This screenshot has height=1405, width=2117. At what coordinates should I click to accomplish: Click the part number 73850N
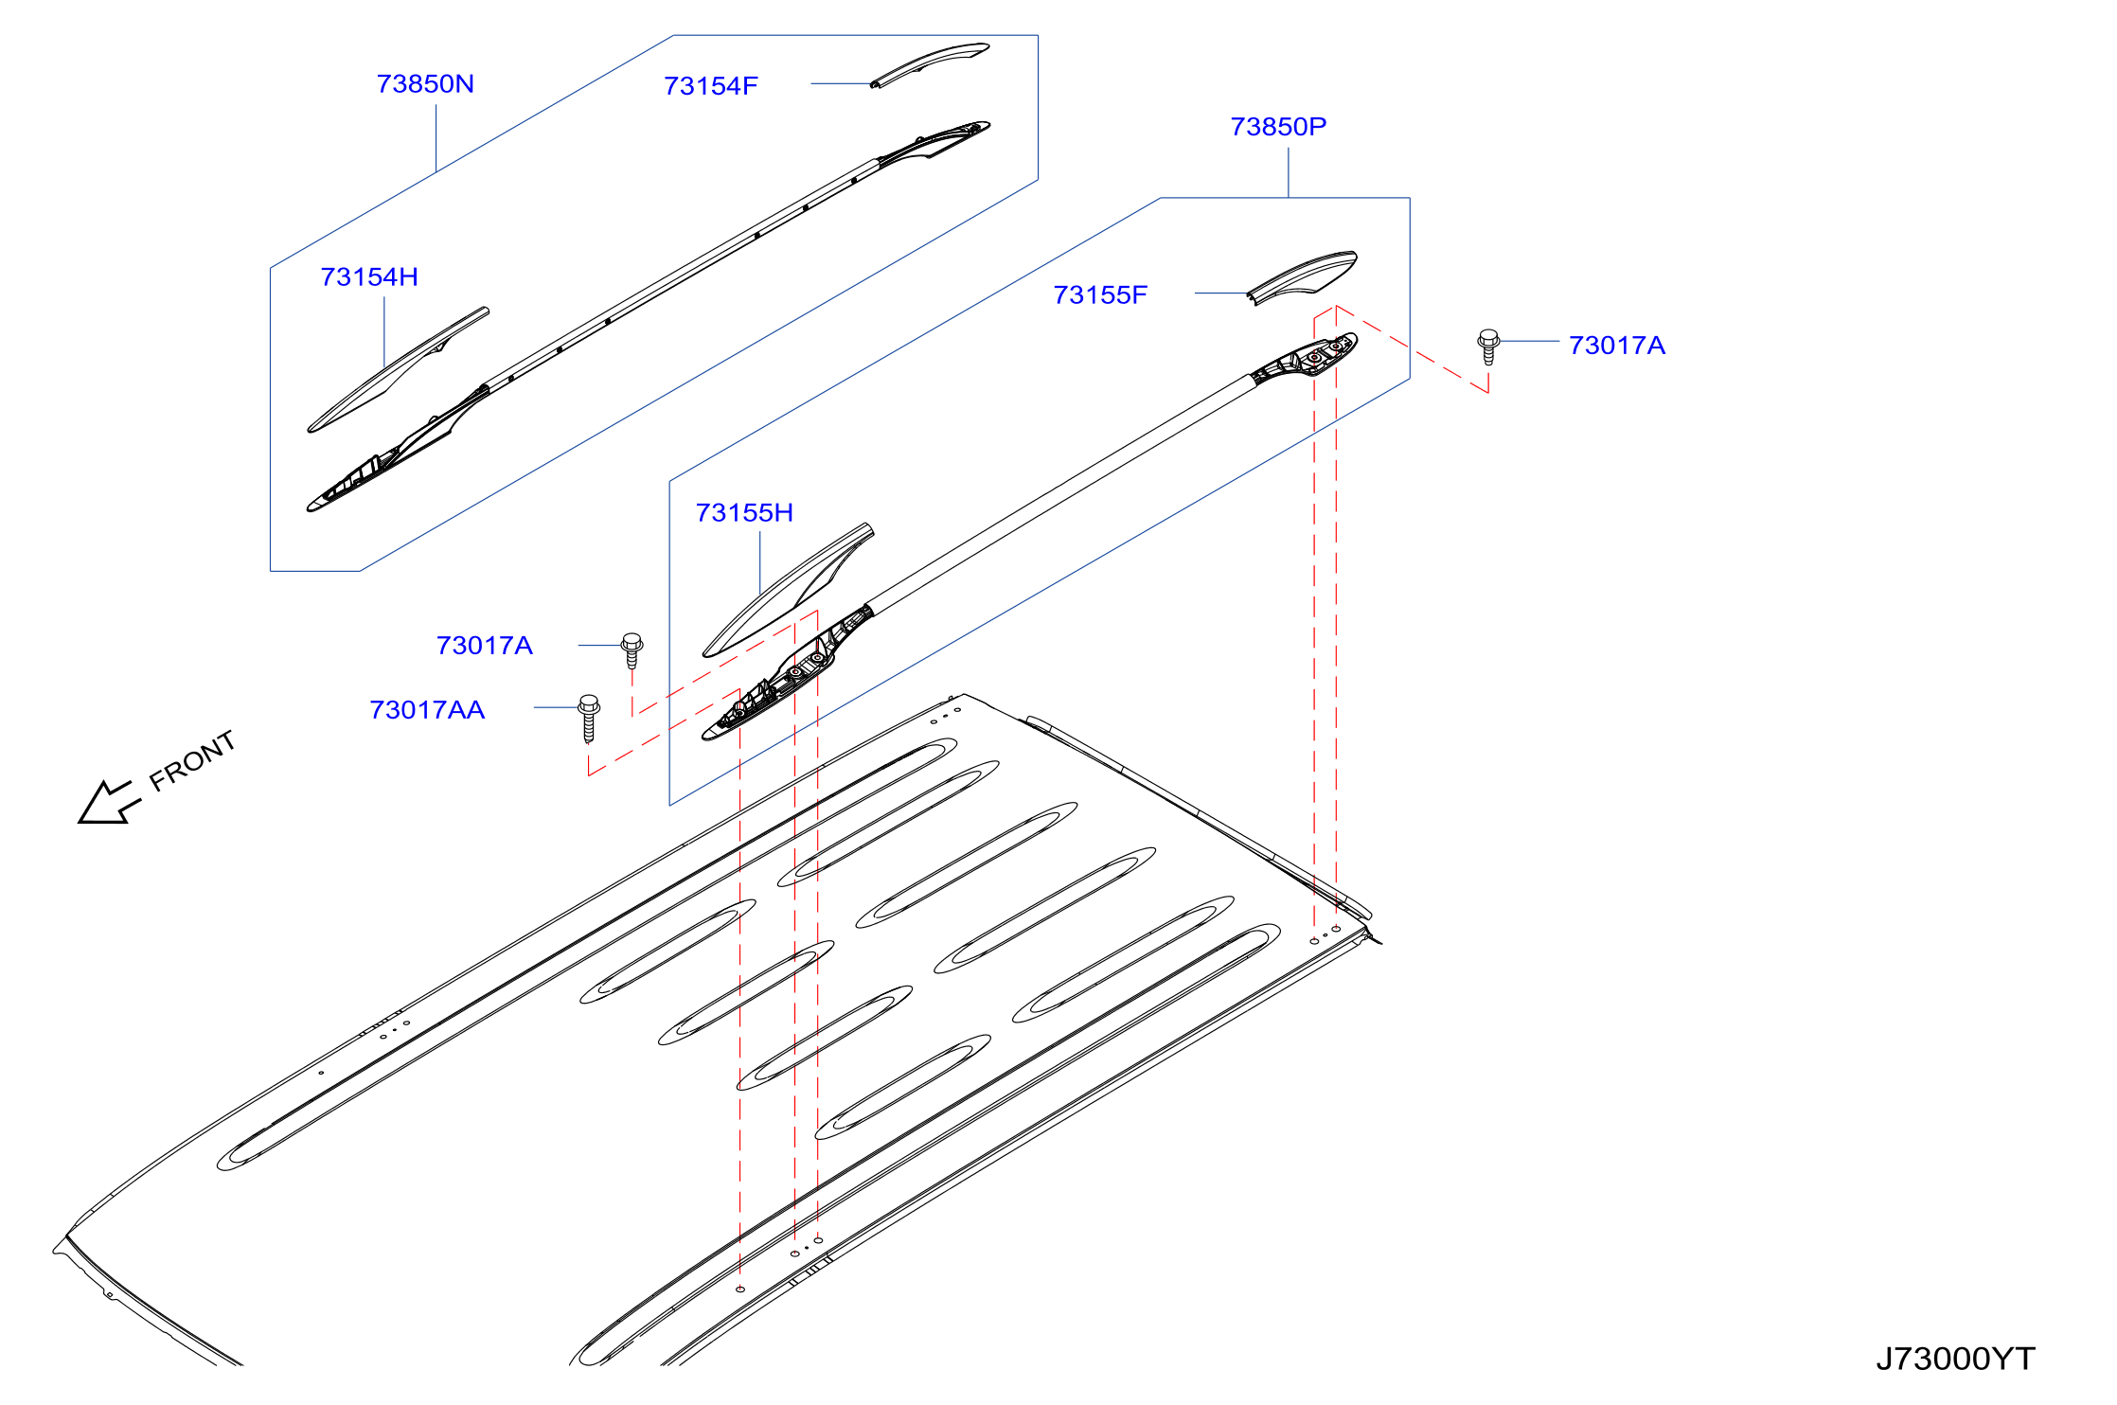click(x=425, y=84)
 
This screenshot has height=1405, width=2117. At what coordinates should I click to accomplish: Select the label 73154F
click(x=711, y=86)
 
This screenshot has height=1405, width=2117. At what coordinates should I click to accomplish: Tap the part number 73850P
click(x=1278, y=127)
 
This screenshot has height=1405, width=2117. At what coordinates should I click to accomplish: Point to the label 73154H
click(x=369, y=277)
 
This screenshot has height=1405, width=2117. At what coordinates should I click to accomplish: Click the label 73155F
click(x=1100, y=295)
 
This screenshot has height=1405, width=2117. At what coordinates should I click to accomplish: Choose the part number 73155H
click(x=744, y=513)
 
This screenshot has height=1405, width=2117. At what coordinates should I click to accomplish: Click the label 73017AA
click(x=427, y=710)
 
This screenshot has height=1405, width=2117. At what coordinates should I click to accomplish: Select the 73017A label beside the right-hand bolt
click(x=1617, y=346)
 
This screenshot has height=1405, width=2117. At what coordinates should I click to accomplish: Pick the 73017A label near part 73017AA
click(x=485, y=646)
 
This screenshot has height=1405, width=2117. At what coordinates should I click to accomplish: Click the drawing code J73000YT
click(x=1955, y=1360)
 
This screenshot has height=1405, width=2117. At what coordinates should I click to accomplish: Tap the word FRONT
click(x=193, y=760)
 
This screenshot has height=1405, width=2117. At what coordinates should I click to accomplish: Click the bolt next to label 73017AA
click(x=589, y=719)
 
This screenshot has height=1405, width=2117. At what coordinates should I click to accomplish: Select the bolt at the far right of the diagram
click(x=1488, y=347)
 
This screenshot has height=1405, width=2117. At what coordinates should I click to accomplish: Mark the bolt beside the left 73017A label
click(x=632, y=650)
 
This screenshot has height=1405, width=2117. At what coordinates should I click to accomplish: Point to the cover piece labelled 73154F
click(x=931, y=62)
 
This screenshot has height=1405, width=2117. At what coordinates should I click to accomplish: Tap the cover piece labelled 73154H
click(x=398, y=370)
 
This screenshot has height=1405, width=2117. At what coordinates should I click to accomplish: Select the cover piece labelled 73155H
click(x=788, y=590)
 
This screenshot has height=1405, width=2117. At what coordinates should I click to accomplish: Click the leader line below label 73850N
click(x=436, y=138)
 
